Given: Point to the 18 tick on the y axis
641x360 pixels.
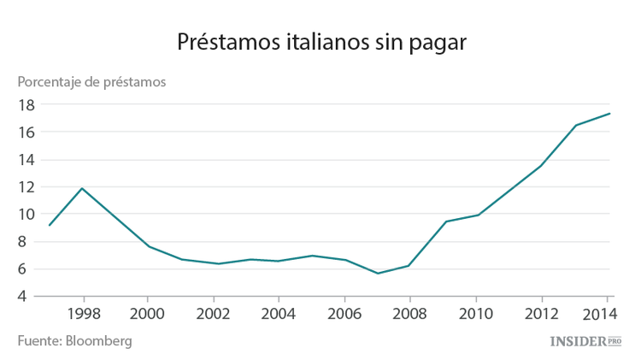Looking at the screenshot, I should [x=25, y=104].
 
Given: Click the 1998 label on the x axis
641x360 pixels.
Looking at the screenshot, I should [x=83, y=313].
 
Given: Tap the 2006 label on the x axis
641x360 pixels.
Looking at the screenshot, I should [x=344, y=313].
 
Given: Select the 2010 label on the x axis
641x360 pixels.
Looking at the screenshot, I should [x=474, y=313].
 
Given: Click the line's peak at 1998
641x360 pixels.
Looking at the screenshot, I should [x=82, y=188].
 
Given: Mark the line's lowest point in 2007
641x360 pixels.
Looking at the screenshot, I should [x=377, y=274].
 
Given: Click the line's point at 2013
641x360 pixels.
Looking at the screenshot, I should [x=575, y=126].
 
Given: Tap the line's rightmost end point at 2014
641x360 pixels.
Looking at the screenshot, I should [x=609, y=114].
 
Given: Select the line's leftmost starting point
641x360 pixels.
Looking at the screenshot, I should [x=50, y=225].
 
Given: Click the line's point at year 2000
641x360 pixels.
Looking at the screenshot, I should [x=149, y=246].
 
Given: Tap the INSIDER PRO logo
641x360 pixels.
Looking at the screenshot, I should [x=585, y=341].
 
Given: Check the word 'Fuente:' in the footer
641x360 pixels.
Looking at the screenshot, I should [x=38, y=341].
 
